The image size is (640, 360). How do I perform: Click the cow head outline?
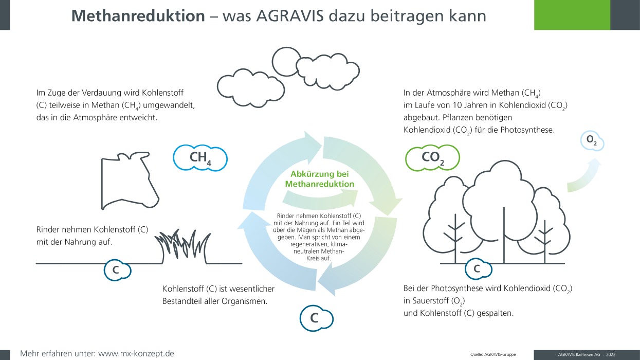102,183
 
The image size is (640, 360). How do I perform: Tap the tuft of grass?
183,246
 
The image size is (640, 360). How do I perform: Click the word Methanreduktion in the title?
138,16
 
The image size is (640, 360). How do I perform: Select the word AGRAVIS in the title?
290,16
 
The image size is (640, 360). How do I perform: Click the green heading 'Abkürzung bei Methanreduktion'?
320,178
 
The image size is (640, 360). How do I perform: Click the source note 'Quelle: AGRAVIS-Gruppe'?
493,354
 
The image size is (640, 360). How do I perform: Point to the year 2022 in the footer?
611,354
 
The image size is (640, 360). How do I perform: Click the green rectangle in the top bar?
572,15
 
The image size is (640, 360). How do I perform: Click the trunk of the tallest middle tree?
504,235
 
